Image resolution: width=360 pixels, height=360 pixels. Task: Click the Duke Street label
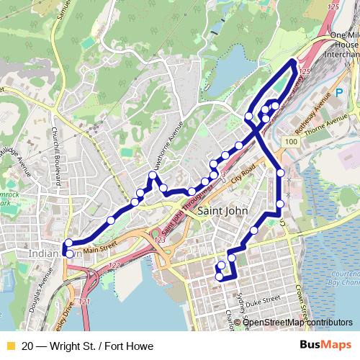point(261,301)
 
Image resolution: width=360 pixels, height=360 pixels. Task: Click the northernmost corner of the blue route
point(292,60)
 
